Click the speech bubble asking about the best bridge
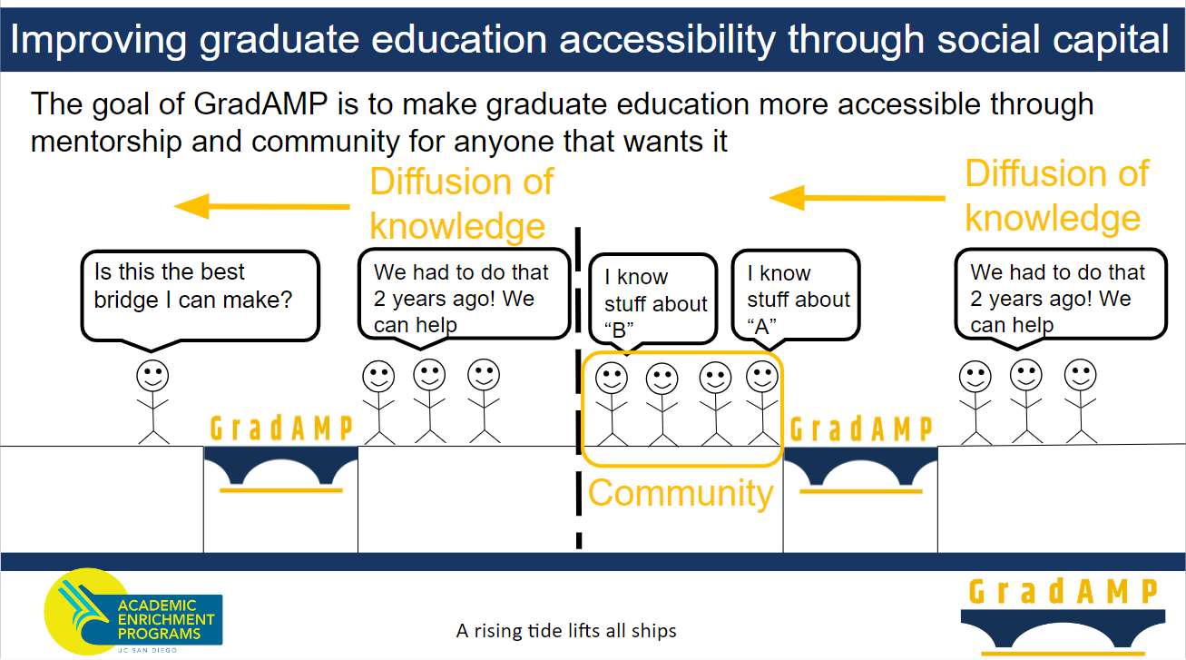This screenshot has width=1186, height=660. [x=201, y=297]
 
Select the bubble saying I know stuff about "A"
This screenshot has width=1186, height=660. [x=796, y=297]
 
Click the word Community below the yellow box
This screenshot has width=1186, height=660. [x=681, y=493]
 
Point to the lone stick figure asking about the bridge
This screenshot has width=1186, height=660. [x=153, y=402]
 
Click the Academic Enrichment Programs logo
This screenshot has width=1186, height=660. [x=133, y=612]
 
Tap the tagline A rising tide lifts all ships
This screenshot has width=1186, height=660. [x=566, y=631]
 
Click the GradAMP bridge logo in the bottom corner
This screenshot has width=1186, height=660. [x=1063, y=617]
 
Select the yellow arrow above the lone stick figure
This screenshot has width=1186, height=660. [x=261, y=206]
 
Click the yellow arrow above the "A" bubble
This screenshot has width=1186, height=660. [x=858, y=198]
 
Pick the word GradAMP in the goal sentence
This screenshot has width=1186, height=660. [x=260, y=103]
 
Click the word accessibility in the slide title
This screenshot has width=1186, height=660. [x=668, y=39]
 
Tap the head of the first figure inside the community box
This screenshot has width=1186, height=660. [x=612, y=378]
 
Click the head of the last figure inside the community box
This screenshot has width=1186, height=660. [x=762, y=377]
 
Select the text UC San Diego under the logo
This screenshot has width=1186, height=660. [x=147, y=650]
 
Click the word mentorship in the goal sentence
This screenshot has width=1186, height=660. [x=106, y=142]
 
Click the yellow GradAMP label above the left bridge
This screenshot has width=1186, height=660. [x=281, y=428]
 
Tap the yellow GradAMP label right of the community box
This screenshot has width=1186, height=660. [x=861, y=429]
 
